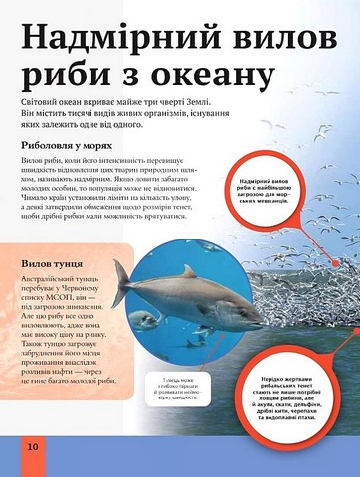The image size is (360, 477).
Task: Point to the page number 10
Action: point(33,448)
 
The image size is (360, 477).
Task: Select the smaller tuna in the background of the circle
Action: point(145,320)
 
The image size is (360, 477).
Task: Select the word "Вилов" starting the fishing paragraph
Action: point(33,160)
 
